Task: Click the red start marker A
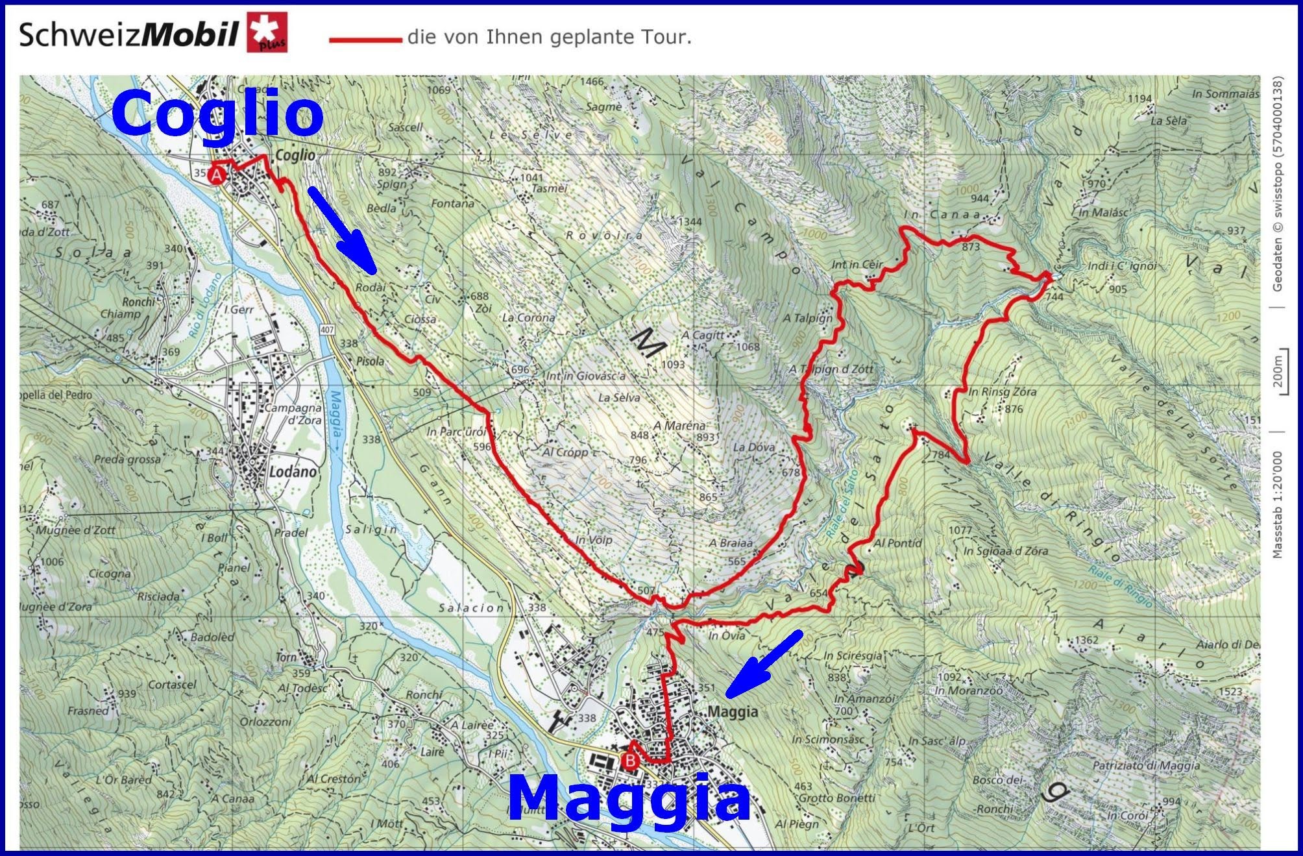click(x=217, y=175)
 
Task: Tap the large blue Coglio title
click(x=217, y=113)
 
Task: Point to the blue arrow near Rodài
click(x=342, y=230)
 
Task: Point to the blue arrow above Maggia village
click(x=764, y=664)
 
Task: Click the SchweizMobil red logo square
click(x=267, y=32)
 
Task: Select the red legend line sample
click(x=365, y=40)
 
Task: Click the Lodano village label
click(x=292, y=472)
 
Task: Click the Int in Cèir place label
click(x=857, y=264)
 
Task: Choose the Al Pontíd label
click(x=897, y=543)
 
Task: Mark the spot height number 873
click(x=971, y=247)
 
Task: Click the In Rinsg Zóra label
click(x=1002, y=392)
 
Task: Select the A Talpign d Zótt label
click(x=831, y=369)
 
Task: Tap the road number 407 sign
click(x=327, y=330)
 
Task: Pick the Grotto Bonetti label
click(x=836, y=798)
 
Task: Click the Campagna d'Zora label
click(x=293, y=414)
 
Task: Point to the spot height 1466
click(x=591, y=82)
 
